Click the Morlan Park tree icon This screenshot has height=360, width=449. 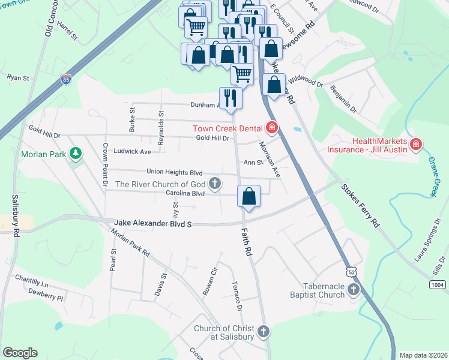75,154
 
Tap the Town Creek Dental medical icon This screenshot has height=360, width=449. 271,128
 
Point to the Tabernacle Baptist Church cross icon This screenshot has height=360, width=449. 353,290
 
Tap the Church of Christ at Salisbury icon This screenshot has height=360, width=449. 263,332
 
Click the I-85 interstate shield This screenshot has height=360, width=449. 65,79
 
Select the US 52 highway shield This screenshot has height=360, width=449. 350,272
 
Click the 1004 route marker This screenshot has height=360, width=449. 438,285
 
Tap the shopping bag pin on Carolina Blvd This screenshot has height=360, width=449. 249,197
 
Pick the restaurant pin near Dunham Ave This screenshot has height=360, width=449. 231,98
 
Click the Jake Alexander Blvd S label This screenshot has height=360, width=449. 152,224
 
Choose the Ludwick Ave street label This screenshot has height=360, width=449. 133,152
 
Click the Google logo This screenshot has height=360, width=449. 20,353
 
